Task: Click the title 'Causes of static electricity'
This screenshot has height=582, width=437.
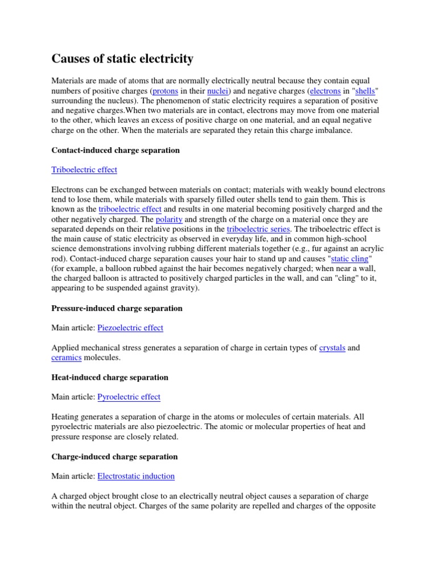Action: [x=122, y=59]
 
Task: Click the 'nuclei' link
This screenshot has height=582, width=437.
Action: [x=217, y=90]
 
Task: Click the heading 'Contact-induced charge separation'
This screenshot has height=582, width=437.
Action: [x=116, y=150]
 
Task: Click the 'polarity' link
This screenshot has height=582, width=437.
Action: [x=168, y=219]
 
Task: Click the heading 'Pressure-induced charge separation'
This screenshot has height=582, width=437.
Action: [x=117, y=308]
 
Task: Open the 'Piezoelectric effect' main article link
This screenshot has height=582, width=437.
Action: [x=130, y=327]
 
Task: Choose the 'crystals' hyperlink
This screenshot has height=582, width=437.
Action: [x=332, y=347]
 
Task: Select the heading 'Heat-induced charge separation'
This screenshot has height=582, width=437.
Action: [x=110, y=377]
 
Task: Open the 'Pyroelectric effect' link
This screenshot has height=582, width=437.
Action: [x=129, y=397]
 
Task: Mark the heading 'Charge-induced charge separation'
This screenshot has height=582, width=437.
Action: [x=114, y=456]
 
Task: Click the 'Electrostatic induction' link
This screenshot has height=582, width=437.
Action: [x=136, y=476]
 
